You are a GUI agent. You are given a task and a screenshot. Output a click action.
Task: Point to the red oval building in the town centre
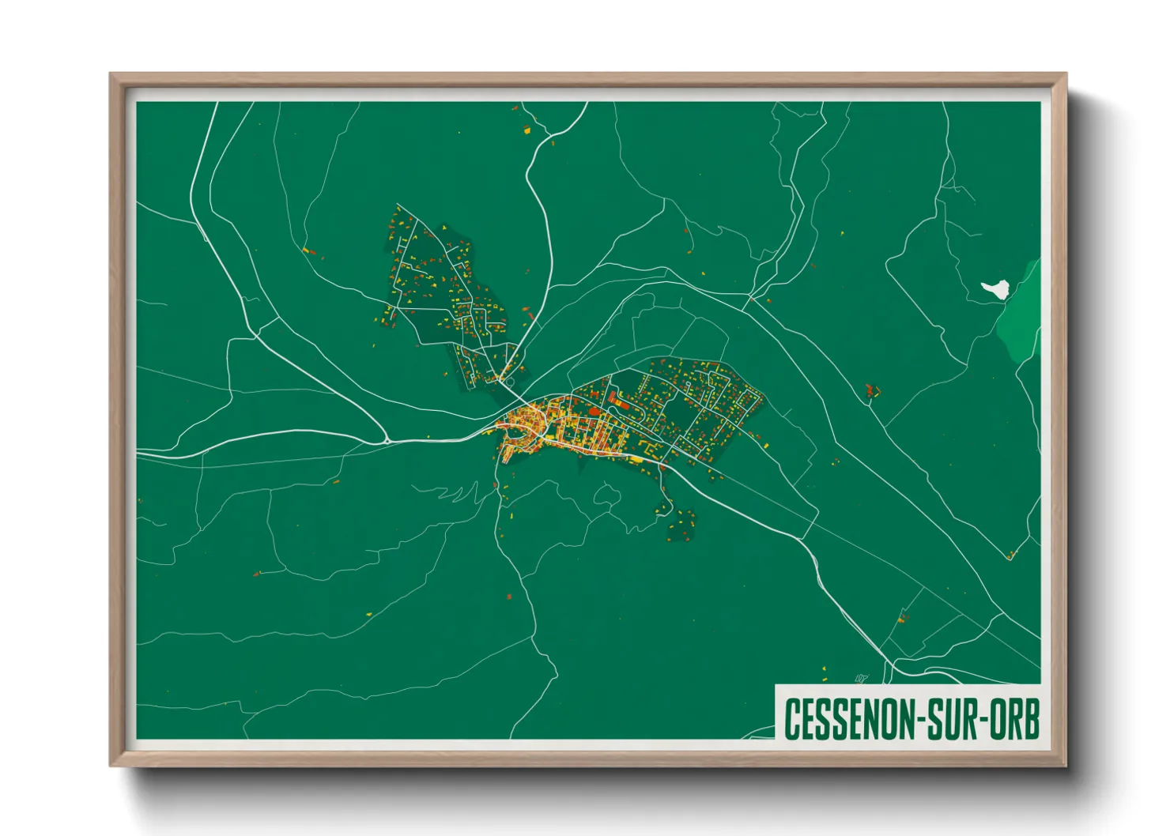pyautogui.click(x=595, y=411)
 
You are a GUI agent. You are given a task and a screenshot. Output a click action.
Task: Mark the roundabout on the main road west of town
pyautogui.click(x=387, y=439)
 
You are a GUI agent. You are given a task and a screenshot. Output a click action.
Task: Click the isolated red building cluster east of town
pyautogui.click(x=872, y=390)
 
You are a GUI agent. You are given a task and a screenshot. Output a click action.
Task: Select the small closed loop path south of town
pyautogui.click(x=606, y=497)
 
